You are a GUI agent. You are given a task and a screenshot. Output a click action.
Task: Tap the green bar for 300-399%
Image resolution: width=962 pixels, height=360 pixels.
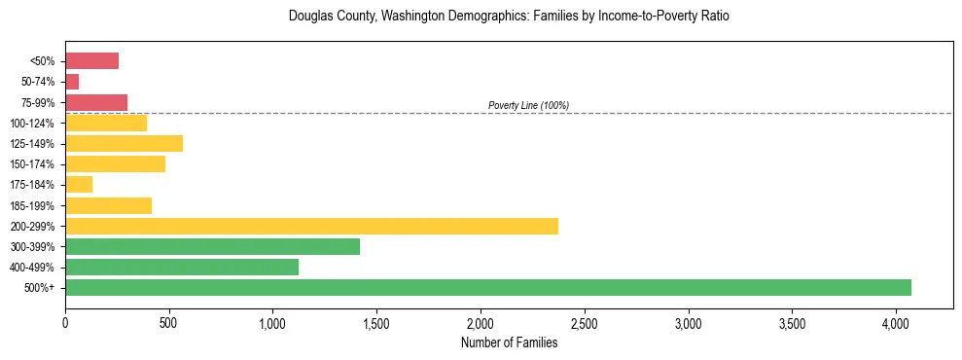(x=212, y=246)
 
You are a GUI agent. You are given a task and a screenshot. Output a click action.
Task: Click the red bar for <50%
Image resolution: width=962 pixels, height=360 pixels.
(x=91, y=61)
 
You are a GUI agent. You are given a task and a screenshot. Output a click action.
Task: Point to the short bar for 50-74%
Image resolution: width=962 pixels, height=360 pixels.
(x=72, y=82)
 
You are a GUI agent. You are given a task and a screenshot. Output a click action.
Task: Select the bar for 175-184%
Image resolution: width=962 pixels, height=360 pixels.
(x=79, y=184)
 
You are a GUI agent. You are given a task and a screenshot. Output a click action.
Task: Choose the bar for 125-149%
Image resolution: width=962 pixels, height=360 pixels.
(x=124, y=143)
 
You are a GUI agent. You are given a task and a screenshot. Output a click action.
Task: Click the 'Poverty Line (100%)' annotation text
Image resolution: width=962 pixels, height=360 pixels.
(x=528, y=105)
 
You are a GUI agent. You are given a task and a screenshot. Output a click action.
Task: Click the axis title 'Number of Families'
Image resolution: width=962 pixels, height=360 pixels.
(x=509, y=342)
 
